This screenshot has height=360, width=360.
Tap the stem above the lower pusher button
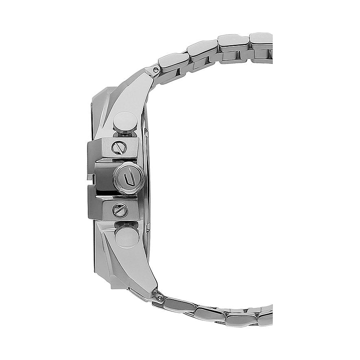pyautogui.click(x=124, y=223)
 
